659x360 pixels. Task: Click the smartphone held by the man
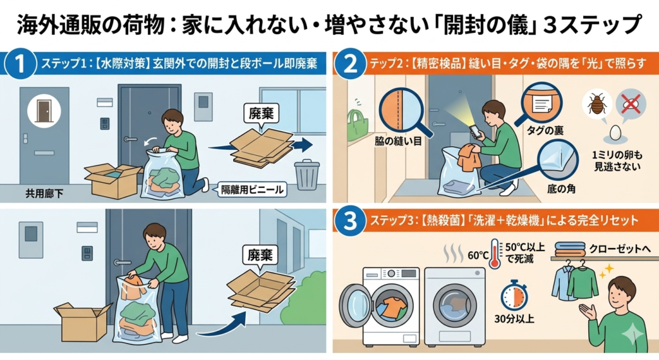coord(474,131)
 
